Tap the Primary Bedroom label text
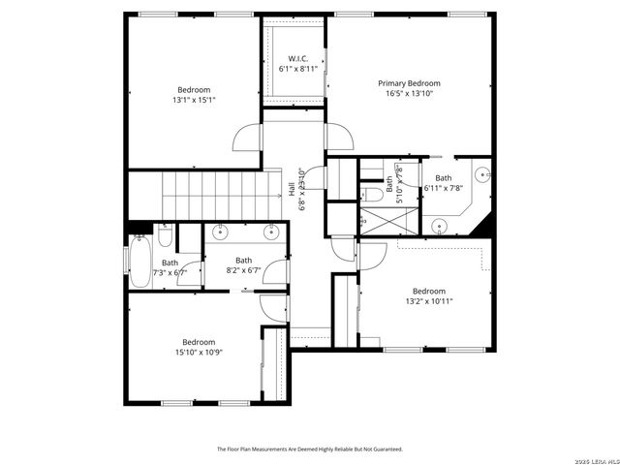pos(409,83)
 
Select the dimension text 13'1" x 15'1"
pos(195,99)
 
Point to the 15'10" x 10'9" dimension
pos(199,352)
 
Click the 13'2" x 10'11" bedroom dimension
pos(428,301)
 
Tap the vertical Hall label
pos(293,189)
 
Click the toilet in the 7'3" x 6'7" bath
pos(166,236)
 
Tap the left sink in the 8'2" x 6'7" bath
pos(222,232)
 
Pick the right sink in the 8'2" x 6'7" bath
pos(270,232)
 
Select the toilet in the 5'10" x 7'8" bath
pos(373,194)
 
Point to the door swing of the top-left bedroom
pos(248,139)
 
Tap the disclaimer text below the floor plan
pos(309,449)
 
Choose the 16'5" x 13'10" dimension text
pos(409,94)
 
